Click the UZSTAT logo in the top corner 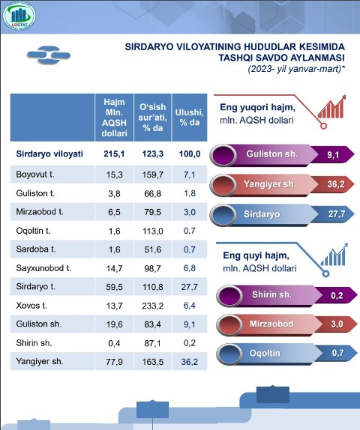click(19, 16)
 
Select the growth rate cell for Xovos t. click(153, 306)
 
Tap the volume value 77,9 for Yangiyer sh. click(114, 362)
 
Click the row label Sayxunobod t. click(43, 268)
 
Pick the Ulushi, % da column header click(190, 118)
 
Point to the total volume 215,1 click(114, 154)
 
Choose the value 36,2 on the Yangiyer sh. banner click(335, 184)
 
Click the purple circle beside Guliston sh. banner click(223, 156)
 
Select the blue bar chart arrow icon click(334, 255)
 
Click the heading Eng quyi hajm click(256, 255)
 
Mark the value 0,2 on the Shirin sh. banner click(337, 295)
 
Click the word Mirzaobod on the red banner click(271, 324)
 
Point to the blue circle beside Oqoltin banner click(229, 354)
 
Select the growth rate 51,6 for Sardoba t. click(153, 249)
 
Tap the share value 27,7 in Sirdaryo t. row click(190, 287)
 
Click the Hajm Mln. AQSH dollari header click(114, 118)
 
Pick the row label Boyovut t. click(35, 175)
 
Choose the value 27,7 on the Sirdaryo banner click(337, 214)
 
